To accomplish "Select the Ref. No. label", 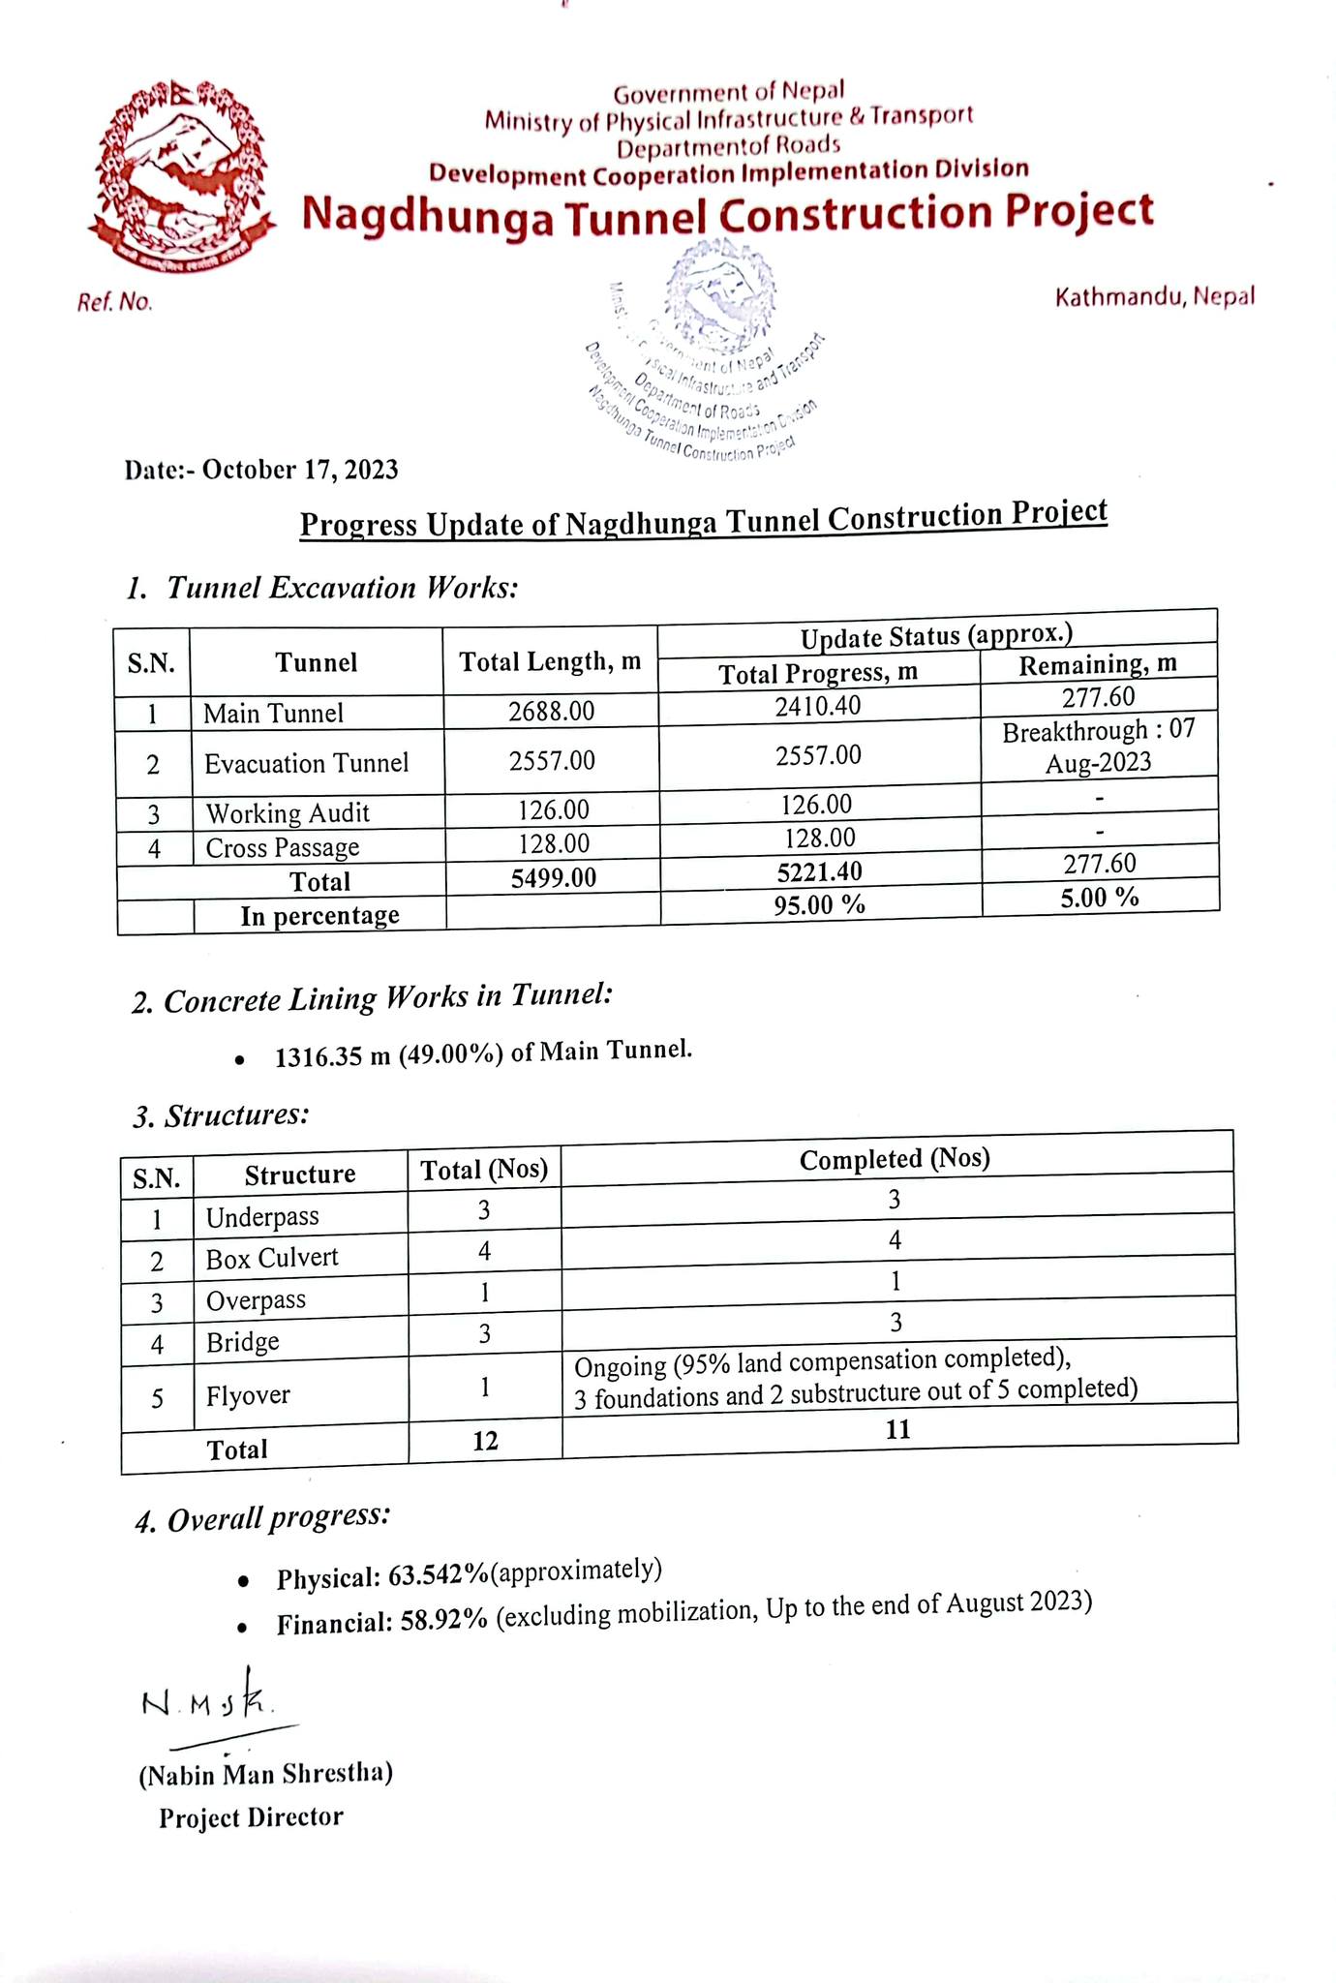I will click(114, 303).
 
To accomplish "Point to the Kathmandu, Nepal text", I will click(1154, 296).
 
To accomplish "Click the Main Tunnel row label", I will click(273, 714).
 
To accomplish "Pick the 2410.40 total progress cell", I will click(817, 705).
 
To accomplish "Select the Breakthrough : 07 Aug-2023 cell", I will click(1098, 747).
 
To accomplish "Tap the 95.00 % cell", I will click(819, 904).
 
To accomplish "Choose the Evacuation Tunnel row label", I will click(306, 763).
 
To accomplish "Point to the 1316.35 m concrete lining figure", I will click(320, 1055).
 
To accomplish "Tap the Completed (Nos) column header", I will click(895, 1159).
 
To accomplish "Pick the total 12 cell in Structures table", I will click(485, 1441).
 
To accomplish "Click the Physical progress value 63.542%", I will click(438, 1576).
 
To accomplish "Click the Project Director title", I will click(251, 1817).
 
